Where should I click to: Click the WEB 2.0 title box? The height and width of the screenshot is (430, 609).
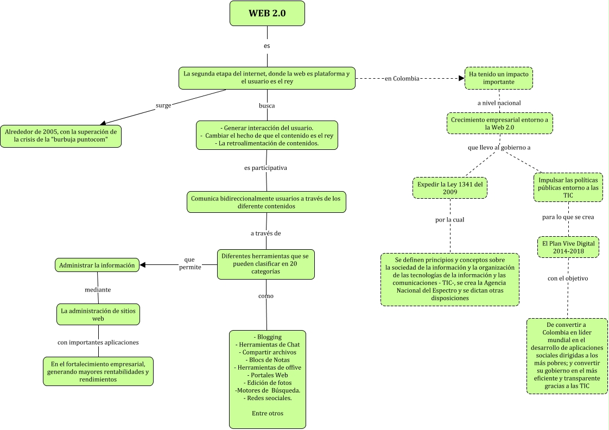(x=267, y=14)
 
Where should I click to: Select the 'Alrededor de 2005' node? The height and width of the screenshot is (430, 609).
(x=61, y=136)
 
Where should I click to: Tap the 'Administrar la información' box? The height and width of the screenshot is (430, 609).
(x=97, y=265)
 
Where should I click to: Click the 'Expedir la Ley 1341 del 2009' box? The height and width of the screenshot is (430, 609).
(x=449, y=188)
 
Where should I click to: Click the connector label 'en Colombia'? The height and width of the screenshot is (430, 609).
(x=402, y=78)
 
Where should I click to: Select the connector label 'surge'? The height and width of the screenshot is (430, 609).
(x=163, y=105)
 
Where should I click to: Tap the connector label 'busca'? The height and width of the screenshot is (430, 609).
(x=267, y=105)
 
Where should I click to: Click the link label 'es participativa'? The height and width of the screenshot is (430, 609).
(x=265, y=168)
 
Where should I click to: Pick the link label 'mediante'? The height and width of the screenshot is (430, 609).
(x=98, y=289)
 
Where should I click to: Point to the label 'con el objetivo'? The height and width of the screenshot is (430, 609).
(x=568, y=279)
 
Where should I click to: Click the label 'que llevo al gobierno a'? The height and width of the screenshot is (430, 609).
(x=499, y=147)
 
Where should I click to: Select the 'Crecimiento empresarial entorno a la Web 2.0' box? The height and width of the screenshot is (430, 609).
(x=500, y=123)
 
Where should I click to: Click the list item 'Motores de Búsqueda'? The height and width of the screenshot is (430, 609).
(x=268, y=390)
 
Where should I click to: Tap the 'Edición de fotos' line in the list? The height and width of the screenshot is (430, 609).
(x=267, y=382)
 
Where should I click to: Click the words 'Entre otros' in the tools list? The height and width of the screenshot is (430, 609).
(x=267, y=413)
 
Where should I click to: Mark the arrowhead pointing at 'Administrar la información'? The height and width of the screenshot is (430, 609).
(x=143, y=265)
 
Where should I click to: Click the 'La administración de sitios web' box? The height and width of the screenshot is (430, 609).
(x=98, y=314)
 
